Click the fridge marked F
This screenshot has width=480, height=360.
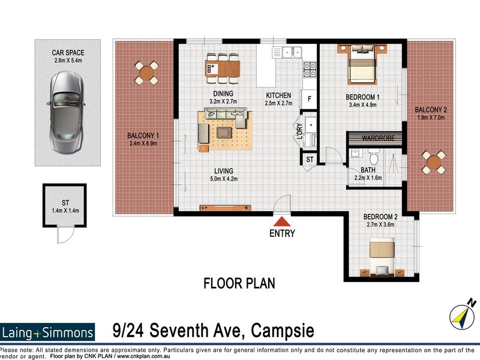(310, 98)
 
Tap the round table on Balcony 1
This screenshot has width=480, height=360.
(146, 73)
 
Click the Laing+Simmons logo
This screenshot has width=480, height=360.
(48, 332)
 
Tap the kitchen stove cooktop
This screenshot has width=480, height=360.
(310, 71)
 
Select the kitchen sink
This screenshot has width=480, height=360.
(288, 52)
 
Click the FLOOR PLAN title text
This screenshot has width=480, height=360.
(239, 283)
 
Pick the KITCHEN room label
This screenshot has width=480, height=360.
(278, 95)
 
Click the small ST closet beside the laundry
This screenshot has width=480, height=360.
(310, 160)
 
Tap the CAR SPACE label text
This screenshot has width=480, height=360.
(67, 52)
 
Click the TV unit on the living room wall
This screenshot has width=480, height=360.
(225, 208)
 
